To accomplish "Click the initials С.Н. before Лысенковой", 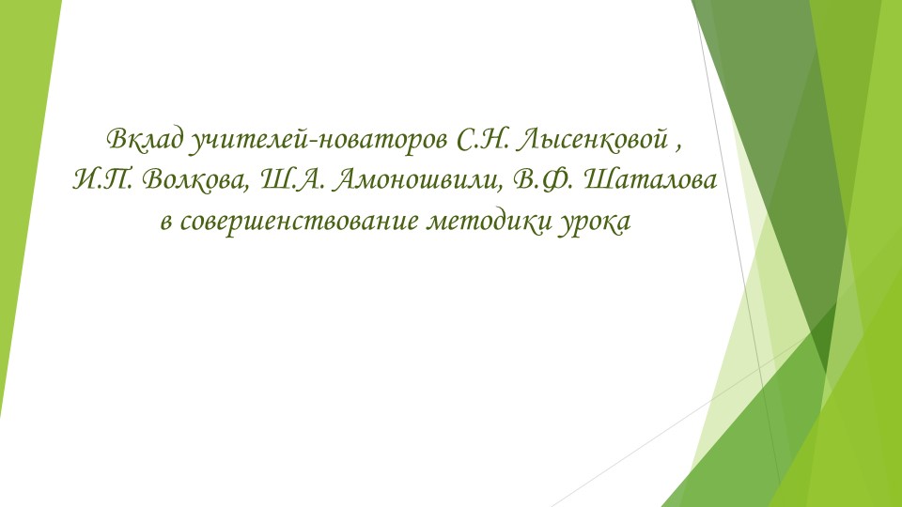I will (479, 142).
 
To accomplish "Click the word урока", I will (588, 223).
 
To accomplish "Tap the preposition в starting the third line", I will (166, 223).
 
